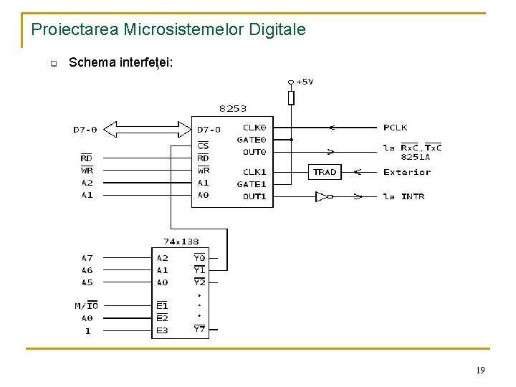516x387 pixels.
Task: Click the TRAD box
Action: pyautogui.click(x=325, y=172)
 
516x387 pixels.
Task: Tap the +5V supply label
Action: pyautogui.click(x=304, y=82)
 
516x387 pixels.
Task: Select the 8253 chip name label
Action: pyautogui.click(x=233, y=109)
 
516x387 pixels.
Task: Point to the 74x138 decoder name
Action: pyautogui.click(x=181, y=242)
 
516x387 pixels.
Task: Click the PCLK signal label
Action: pyautogui.click(x=395, y=128)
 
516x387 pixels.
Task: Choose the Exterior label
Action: pyautogui.click(x=407, y=172)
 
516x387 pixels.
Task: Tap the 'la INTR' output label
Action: pyautogui.click(x=403, y=196)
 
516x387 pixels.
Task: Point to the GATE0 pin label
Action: pyautogui.click(x=252, y=140)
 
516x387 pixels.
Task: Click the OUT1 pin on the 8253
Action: pyautogui.click(x=254, y=196)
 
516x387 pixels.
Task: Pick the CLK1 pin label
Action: pyautogui.click(x=254, y=172)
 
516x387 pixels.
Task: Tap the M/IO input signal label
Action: pyautogui.click(x=87, y=306)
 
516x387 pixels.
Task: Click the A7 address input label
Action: pyautogui.click(x=87, y=258)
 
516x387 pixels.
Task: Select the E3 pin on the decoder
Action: pyautogui.click(x=163, y=331)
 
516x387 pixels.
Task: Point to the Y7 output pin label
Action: pyautogui.click(x=199, y=330)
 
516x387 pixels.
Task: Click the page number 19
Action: pyautogui.click(x=479, y=370)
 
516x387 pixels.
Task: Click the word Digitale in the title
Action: pyautogui.click(x=276, y=29)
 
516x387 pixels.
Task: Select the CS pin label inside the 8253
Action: pyautogui.click(x=203, y=145)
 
